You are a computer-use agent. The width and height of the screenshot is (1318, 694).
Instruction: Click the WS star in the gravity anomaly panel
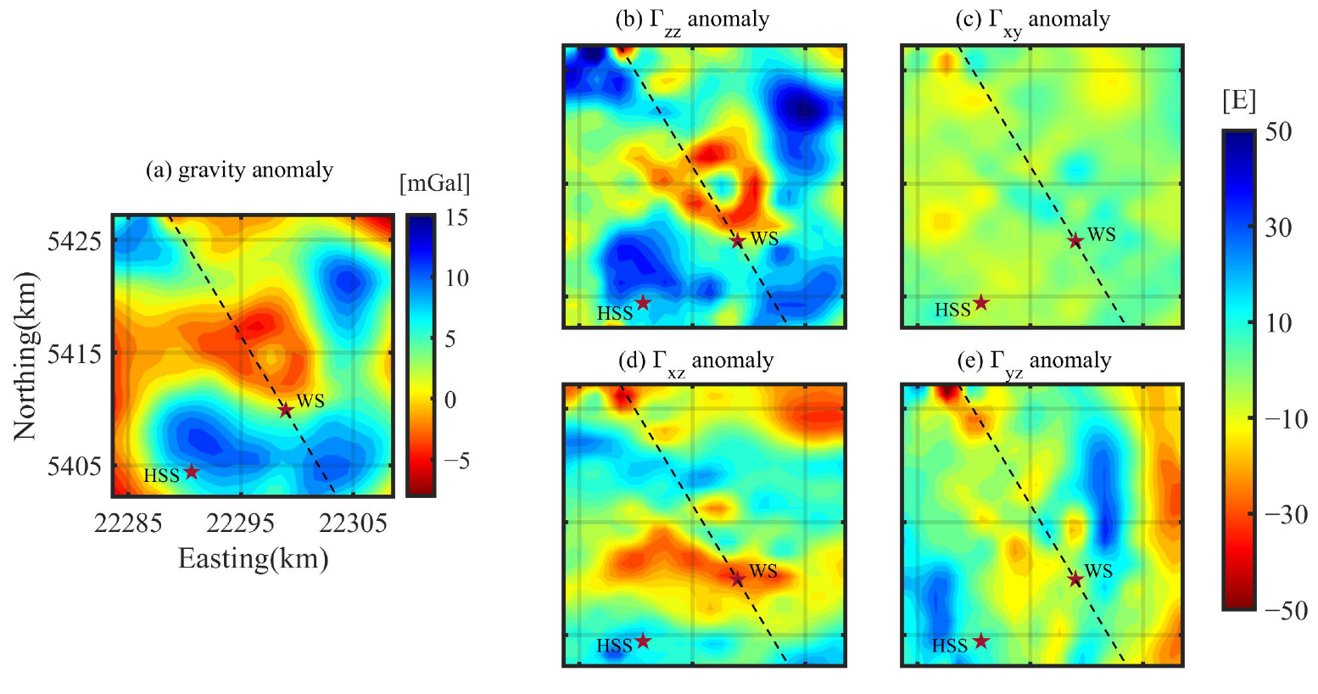[x=286, y=410]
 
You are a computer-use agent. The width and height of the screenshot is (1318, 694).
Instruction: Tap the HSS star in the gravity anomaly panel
[x=192, y=471]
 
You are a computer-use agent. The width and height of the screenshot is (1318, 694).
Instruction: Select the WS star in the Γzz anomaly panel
[x=737, y=241]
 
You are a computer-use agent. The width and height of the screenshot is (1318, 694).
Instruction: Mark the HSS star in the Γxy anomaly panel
[x=980, y=303]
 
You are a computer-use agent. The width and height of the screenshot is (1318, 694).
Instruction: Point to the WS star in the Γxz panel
[x=737, y=579]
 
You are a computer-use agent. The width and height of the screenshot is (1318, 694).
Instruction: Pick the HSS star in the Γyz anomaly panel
[x=980, y=641]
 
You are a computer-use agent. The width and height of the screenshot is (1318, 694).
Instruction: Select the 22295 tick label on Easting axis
[x=241, y=523]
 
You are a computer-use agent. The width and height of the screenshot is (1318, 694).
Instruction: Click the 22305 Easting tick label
[x=354, y=523]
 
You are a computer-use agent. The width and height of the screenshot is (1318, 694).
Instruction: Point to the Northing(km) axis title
[x=25, y=356]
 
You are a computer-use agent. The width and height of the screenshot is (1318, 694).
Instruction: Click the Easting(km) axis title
[x=253, y=558]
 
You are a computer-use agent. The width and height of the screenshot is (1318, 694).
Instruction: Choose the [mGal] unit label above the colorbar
[x=434, y=182]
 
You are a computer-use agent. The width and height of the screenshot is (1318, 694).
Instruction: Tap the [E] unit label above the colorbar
[x=1239, y=100]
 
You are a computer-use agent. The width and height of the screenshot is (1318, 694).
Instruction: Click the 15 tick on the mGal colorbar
[x=456, y=217]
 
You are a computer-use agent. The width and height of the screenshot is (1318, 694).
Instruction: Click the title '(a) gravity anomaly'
[x=239, y=170]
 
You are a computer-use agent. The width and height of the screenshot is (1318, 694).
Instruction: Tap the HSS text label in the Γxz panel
[x=614, y=646]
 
